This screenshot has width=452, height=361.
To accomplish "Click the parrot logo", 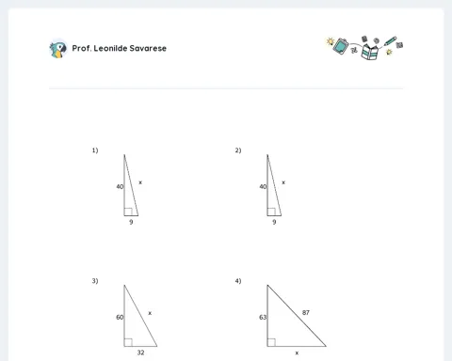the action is [x=58, y=50].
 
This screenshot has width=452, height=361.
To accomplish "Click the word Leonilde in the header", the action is [x=110, y=48].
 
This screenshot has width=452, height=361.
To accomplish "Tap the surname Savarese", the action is [x=148, y=48].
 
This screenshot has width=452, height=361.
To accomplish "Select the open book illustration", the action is [x=369, y=52].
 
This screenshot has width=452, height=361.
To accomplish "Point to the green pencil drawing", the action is [x=390, y=40].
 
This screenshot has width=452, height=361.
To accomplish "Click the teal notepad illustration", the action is [x=341, y=46].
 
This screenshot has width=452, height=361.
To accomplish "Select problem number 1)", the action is [x=95, y=150].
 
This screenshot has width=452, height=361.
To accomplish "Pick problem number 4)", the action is [x=238, y=281].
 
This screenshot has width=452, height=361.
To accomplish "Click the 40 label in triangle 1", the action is [x=120, y=187].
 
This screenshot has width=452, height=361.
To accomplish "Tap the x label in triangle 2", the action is [x=283, y=182].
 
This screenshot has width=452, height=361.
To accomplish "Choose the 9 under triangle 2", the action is [x=274, y=222].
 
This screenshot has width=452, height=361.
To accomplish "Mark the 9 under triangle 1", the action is [x=131, y=222].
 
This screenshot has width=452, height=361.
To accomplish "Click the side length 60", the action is [x=120, y=318].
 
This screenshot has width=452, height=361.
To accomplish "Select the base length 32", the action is [x=140, y=353].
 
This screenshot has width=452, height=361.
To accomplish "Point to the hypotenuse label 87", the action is [x=306, y=313].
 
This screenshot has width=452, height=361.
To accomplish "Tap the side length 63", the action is [x=263, y=318].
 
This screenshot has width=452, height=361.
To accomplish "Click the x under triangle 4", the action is [x=297, y=353].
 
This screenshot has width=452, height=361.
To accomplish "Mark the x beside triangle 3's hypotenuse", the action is [x=150, y=313].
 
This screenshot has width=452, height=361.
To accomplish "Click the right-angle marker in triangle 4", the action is [x=271, y=342].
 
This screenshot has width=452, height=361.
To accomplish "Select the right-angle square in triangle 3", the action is [x=128, y=342].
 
